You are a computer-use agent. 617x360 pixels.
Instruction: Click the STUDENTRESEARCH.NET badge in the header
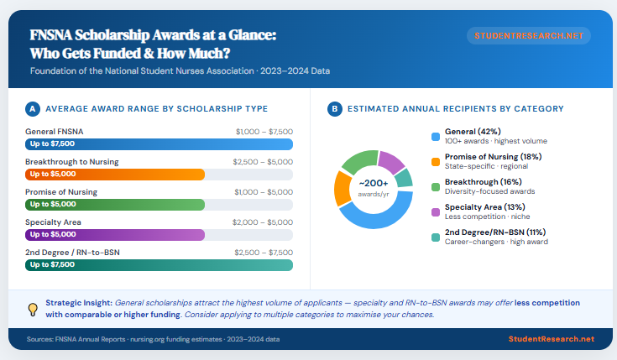click(x=528, y=36)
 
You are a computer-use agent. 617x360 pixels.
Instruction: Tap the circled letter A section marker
click(x=32, y=109)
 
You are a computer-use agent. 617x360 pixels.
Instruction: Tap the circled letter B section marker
click(x=334, y=109)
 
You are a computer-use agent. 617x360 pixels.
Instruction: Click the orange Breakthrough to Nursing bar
click(x=115, y=174)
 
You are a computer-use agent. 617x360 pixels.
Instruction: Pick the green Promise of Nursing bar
click(x=115, y=204)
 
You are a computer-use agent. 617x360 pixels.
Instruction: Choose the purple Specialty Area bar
click(x=115, y=234)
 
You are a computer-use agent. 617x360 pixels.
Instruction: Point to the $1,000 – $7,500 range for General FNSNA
click(x=264, y=132)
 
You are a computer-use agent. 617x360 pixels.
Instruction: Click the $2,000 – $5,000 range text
click(x=264, y=222)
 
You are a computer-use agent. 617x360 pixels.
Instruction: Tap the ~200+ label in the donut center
click(x=374, y=184)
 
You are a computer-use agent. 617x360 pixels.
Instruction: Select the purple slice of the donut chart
click(x=390, y=159)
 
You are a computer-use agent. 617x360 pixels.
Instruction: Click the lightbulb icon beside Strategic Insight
click(x=33, y=309)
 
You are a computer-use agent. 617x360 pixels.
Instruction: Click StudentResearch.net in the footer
click(x=552, y=339)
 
